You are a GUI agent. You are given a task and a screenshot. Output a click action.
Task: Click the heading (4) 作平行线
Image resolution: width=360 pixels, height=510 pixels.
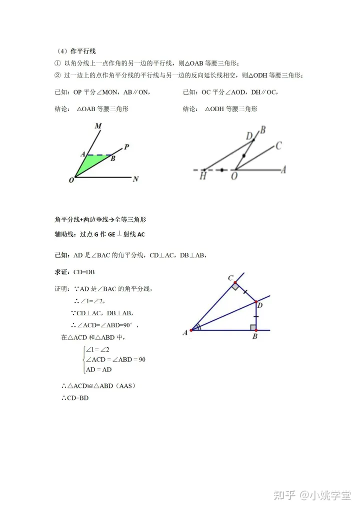click(75, 51)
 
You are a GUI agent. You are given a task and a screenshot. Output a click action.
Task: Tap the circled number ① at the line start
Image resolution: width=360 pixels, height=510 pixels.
click(57, 63)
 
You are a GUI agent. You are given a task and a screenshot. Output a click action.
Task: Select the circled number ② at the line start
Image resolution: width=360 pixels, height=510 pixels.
click(57, 75)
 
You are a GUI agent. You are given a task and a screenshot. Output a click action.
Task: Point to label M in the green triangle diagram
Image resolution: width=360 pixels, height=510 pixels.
click(98, 126)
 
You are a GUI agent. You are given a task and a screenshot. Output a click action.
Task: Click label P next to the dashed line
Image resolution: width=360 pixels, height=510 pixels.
click(126, 147)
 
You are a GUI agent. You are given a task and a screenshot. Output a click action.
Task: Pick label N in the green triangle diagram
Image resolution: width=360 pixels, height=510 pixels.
click(135, 179)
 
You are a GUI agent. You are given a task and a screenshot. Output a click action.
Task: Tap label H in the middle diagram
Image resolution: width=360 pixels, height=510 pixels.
click(203, 176)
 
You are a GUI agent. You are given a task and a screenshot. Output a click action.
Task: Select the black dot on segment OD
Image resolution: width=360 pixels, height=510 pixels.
click(243, 156)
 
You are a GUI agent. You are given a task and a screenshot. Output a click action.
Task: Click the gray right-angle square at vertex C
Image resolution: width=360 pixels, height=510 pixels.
click(234, 287)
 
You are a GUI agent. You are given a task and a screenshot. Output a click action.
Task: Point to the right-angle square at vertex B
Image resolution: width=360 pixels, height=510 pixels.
click(253, 327)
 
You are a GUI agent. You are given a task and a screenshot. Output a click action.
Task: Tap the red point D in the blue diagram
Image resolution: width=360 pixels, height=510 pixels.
click(255, 302)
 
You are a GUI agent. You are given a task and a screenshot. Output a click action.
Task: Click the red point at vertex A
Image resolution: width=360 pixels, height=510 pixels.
click(191, 330)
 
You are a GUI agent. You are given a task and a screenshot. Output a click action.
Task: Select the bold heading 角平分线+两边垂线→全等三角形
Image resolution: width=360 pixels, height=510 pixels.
click(100, 220)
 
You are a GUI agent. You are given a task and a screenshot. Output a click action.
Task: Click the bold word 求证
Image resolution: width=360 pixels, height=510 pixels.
click(62, 272)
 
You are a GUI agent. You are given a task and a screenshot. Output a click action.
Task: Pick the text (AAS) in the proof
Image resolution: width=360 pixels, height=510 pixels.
click(124, 386)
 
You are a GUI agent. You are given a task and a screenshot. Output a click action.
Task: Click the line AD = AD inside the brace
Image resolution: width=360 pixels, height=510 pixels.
click(98, 369)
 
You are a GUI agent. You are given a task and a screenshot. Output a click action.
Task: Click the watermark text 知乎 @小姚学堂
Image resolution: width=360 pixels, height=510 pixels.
click(309, 495)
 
